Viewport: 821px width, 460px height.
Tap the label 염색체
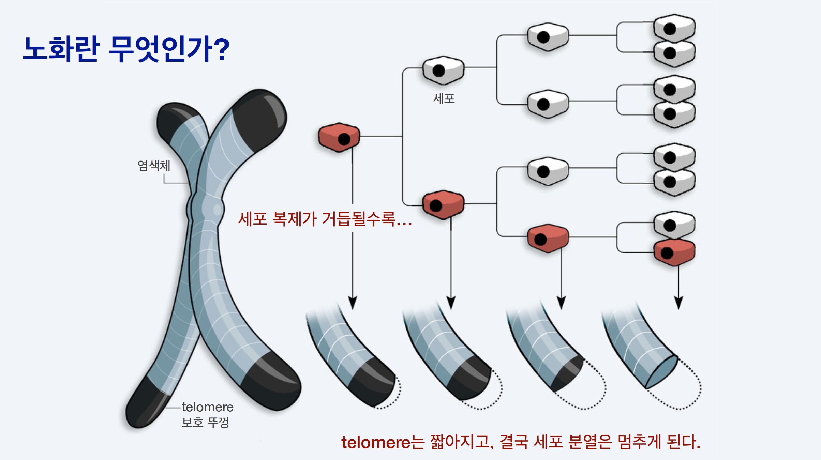coord(154,166)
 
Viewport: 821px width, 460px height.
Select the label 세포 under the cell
coord(444,98)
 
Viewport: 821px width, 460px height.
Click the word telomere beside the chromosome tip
coord(207,407)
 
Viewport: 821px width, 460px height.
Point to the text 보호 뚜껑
coord(205,423)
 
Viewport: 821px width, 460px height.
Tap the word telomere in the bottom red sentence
coord(376,443)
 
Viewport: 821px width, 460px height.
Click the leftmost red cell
coord(339,137)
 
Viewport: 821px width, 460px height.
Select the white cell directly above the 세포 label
coord(443,70)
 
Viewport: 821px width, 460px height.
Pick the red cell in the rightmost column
coord(674,252)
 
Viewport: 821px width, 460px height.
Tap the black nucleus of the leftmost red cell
coord(344,139)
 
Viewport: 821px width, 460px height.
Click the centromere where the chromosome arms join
coord(205,209)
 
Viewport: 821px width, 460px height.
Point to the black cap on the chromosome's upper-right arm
coord(261,119)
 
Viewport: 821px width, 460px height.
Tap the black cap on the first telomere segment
coord(373,382)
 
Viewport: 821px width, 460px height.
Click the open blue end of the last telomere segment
coord(661,372)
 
